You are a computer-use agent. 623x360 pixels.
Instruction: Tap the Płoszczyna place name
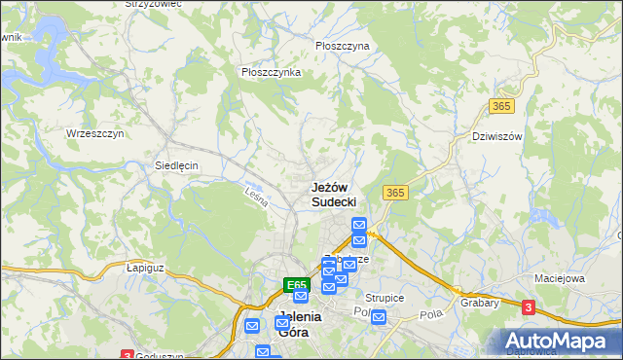[x=343, y=46]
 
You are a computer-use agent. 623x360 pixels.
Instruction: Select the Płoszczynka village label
[x=271, y=72]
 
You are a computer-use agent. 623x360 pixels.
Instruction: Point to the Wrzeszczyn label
[x=95, y=133]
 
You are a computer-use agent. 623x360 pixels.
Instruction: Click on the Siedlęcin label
[x=176, y=165]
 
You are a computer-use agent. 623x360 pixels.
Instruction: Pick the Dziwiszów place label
[x=497, y=136]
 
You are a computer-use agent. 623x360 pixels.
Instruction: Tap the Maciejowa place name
[x=558, y=279]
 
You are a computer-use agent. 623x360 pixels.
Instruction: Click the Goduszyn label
[x=160, y=356]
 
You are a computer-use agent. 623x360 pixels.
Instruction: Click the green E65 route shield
[x=297, y=285]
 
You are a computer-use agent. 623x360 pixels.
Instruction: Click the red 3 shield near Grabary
[x=528, y=307]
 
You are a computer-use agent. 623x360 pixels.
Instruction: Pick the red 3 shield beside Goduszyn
[x=128, y=355]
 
